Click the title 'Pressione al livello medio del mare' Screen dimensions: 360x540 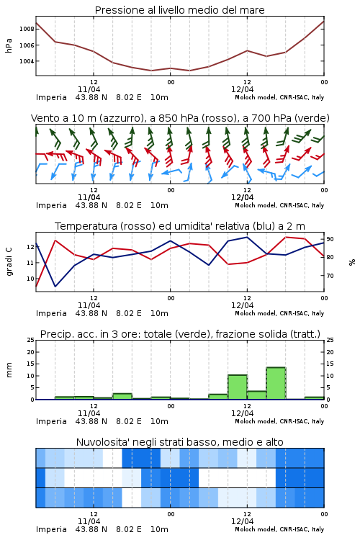click(179, 10)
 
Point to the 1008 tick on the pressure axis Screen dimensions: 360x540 click(27, 29)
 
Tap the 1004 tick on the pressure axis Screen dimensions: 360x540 click(27, 61)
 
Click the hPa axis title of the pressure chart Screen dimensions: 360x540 click(9, 45)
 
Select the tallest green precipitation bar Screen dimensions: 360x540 click(276, 383)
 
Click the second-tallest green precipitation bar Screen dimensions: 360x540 click(238, 387)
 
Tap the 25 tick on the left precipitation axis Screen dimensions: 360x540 click(31, 340)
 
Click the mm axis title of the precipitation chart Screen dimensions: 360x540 click(9, 370)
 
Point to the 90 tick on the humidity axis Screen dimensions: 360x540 click(330, 239)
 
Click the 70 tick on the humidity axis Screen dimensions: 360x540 click(330, 276)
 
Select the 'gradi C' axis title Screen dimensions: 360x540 click(9, 261)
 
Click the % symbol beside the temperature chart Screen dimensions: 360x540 click(352, 262)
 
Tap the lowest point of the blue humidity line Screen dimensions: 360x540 click(55, 286)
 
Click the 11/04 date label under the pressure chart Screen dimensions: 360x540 click(89, 89)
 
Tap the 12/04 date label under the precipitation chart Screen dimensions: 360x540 click(242, 413)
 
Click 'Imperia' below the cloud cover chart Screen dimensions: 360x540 click(51, 529)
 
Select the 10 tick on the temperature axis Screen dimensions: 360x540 click(31, 279)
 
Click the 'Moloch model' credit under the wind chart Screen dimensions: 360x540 click(256, 205)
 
